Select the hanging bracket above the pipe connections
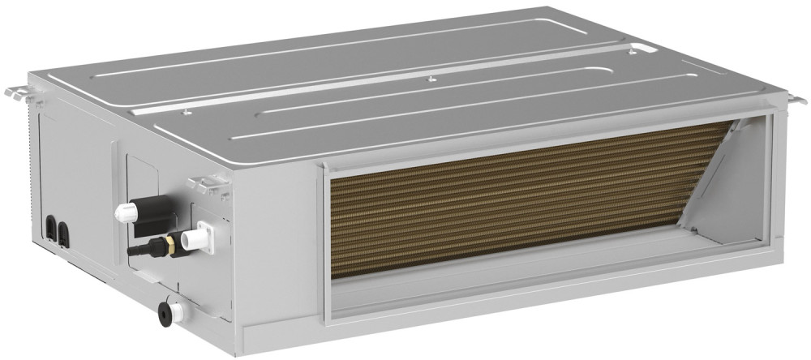click(x=208, y=186)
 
